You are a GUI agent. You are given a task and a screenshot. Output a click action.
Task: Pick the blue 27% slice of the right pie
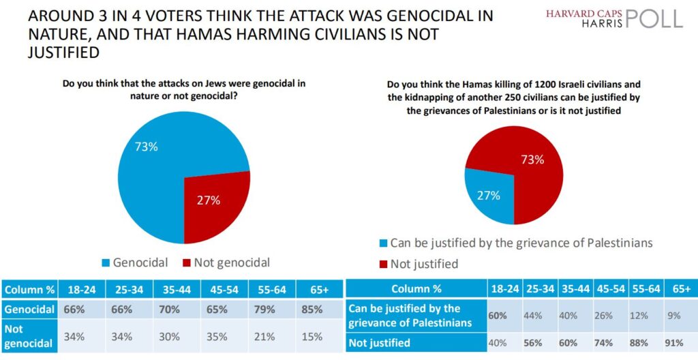pos(485,198)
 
